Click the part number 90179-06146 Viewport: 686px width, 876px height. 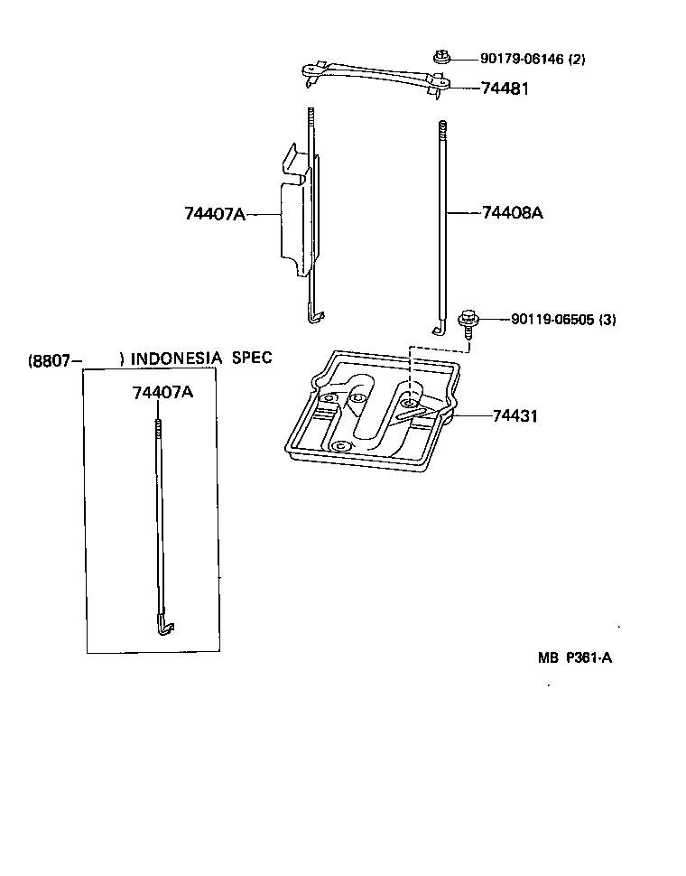(x=522, y=60)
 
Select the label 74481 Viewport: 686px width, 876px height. (x=505, y=89)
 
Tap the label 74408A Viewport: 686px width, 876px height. (x=512, y=213)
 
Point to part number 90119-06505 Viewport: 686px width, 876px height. (x=552, y=319)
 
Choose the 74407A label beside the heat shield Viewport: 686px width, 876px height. (x=215, y=214)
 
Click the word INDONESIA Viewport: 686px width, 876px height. (x=176, y=359)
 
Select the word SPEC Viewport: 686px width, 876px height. (x=252, y=358)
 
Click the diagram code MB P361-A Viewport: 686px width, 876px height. (x=575, y=657)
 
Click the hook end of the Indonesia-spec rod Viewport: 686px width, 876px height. (x=162, y=624)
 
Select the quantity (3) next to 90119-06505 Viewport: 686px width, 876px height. (x=606, y=319)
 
